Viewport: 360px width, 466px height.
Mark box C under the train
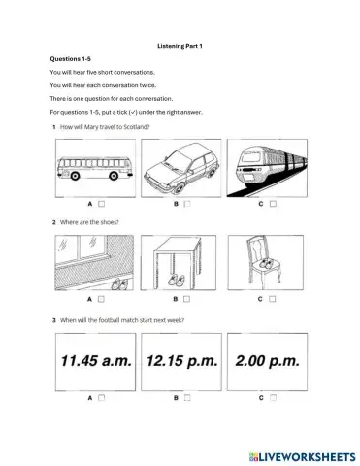(x=274, y=205)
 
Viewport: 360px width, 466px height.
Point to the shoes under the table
(x=179, y=281)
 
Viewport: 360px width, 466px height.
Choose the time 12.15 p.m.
(x=179, y=360)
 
